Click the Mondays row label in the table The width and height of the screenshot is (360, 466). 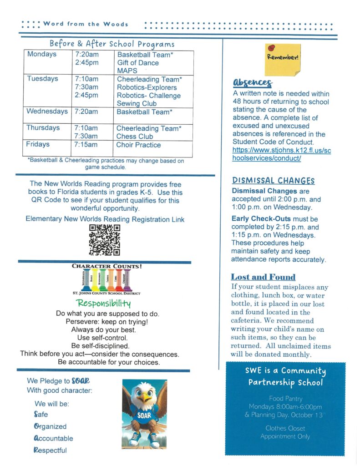(42, 54)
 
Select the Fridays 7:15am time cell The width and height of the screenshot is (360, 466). (86, 145)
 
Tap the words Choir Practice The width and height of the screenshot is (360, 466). (138, 145)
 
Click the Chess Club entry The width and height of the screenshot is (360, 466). (135, 136)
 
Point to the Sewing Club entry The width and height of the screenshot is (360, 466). (137, 104)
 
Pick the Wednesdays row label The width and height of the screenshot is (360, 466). (47, 111)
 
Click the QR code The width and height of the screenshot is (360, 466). (104, 240)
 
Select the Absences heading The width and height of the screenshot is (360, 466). (252, 82)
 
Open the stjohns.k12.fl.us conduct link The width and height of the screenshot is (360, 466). (281, 154)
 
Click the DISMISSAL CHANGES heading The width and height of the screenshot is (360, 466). (273, 181)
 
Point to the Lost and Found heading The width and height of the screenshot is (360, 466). (263, 277)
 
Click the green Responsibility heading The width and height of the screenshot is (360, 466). (104, 303)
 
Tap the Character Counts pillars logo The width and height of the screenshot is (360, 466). (107, 279)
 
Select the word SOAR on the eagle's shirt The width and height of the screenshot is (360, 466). (144, 415)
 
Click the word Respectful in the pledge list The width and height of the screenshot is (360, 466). (51, 451)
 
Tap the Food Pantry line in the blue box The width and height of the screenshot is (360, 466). (285, 398)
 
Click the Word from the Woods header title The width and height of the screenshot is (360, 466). (86, 24)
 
